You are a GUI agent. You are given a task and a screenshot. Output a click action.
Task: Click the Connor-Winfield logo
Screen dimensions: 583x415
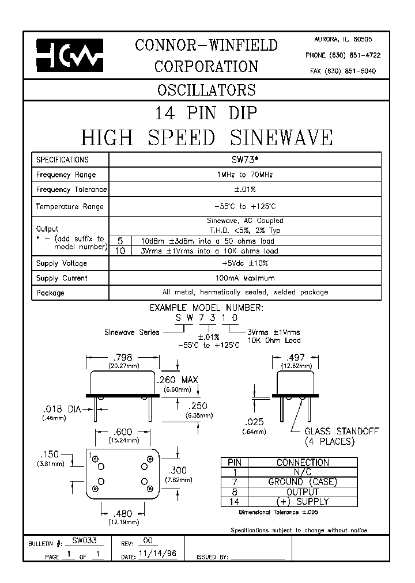(x=69, y=55)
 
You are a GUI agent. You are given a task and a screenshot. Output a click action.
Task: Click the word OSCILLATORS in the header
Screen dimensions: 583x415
(x=206, y=90)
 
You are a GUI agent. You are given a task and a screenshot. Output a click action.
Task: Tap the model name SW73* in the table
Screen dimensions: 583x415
(x=244, y=160)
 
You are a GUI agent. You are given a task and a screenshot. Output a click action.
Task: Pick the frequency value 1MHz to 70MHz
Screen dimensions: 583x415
(x=245, y=175)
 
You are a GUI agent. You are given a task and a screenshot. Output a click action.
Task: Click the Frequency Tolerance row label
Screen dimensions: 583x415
(x=71, y=190)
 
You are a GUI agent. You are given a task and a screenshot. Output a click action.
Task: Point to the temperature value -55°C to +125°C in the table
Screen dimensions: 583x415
(x=245, y=206)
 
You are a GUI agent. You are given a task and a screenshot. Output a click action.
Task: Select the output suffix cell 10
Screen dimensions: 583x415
(x=120, y=251)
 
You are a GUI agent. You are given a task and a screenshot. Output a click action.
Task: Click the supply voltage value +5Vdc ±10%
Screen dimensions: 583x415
(x=245, y=263)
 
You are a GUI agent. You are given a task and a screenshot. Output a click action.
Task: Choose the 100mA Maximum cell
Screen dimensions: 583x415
(x=245, y=278)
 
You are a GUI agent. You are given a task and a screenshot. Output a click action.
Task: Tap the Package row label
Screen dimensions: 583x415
(x=51, y=293)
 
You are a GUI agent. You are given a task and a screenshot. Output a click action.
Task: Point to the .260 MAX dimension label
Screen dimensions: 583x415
(x=178, y=380)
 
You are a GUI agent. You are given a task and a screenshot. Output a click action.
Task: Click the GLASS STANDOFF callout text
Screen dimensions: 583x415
(x=342, y=431)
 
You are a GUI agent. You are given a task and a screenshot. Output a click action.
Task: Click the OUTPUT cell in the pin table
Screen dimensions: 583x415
(x=303, y=492)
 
